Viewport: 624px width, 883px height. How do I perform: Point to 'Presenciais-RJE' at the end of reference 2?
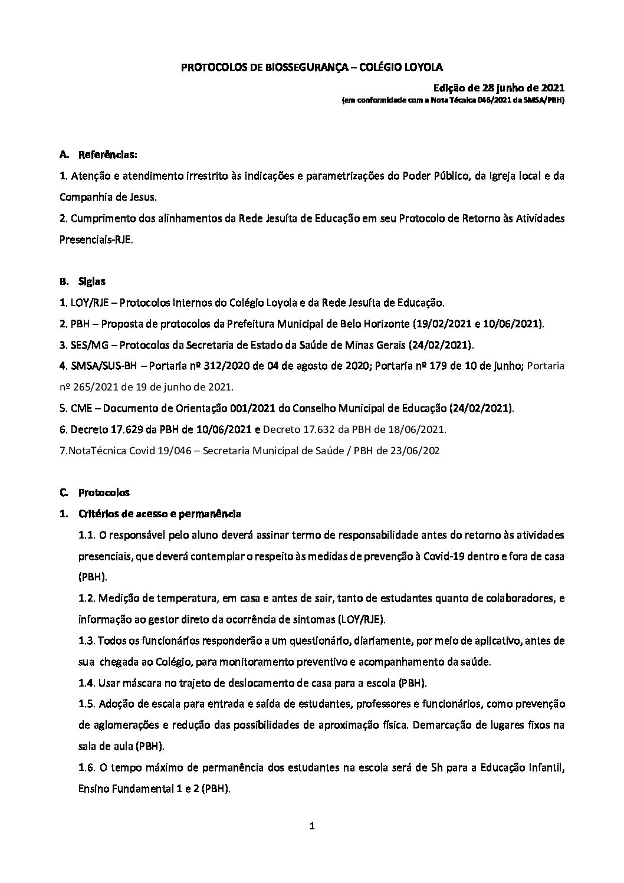[91, 240]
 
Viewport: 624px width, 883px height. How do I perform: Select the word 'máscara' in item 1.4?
[137, 683]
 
